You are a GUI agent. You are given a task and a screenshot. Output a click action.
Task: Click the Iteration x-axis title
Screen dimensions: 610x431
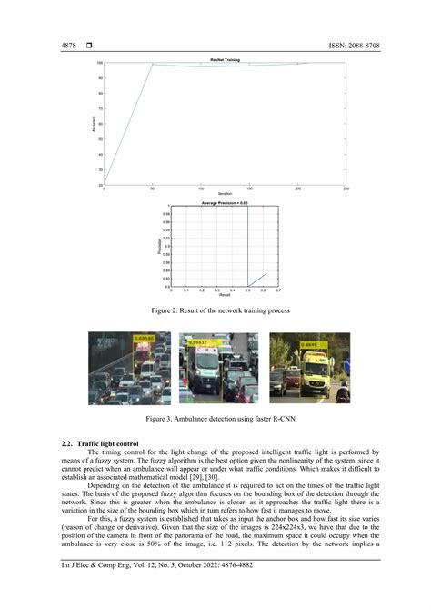tap(225, 195)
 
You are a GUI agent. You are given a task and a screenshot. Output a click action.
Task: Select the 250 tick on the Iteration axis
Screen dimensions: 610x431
tap(346, 188)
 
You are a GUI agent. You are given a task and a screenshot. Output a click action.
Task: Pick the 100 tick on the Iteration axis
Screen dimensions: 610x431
tap(201, 188)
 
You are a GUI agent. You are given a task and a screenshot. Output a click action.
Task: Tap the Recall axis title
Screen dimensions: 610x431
tap(224, 296)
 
